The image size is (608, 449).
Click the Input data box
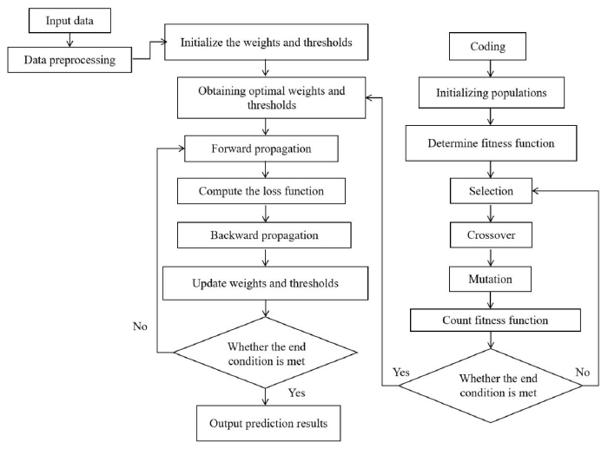coord(69,21)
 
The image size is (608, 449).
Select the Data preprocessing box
coord(69,60)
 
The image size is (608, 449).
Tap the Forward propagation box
coord(261,149)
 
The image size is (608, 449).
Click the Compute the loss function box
coord(261,191)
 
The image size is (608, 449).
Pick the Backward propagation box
coord(264,235)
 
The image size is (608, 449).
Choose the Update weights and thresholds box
coord(265,283)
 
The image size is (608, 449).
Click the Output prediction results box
coord(268,423)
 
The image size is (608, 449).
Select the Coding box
coord(488,46)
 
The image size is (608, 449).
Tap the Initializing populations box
coord(492,92)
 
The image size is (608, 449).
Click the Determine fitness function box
coord(492,143)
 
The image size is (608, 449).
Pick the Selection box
coord(491,191)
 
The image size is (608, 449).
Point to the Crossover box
coord(491,235)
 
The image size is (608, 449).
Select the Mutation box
coord(490,279)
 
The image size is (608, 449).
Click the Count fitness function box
coord(495,320)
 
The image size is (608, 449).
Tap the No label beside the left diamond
coord(140,326)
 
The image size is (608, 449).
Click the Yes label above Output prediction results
coord(297,393)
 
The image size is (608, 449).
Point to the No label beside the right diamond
coord(583,373)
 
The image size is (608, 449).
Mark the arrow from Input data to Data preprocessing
coord(69,40)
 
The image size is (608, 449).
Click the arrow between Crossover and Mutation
coord(491,257)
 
